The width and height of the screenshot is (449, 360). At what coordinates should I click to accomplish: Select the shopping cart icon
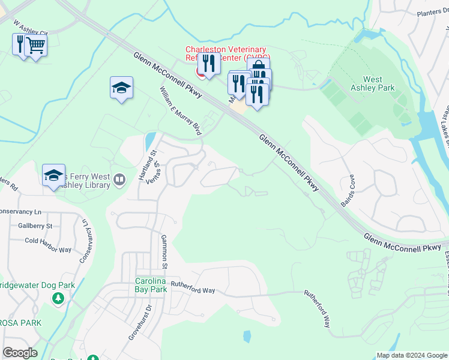pyautogui.click(x=35, y=44)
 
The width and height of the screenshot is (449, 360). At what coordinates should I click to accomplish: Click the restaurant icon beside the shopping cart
pyautogui.click(x=20, y=43)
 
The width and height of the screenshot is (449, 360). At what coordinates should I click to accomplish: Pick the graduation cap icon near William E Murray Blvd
pyautogui.click(x=121, y=88)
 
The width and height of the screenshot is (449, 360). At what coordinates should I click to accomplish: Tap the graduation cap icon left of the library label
pyautogui.click(x=53, y=175)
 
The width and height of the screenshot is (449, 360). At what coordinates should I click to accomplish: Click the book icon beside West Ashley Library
pyautogui.click(x=119, y=179)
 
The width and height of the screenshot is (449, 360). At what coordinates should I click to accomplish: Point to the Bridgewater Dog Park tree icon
pyautogui.click(x=58, y=298)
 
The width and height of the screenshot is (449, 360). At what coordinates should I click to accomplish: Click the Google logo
pyautogui.click(x=20, y=353)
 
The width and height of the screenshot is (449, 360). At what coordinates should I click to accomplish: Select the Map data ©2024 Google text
pyautogui.click(x=411, y=355)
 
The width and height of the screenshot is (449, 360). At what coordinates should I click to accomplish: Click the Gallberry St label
pyautogui.click(x=35, y=226)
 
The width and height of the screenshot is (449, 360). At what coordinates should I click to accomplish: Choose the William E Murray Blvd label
pyautogui.click(x=179, y=110)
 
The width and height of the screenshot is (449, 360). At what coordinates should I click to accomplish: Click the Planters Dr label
pyautogui.click(x=432, y=13)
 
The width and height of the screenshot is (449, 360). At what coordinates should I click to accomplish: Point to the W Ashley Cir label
pyautogui.click(x=30, y=29)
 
